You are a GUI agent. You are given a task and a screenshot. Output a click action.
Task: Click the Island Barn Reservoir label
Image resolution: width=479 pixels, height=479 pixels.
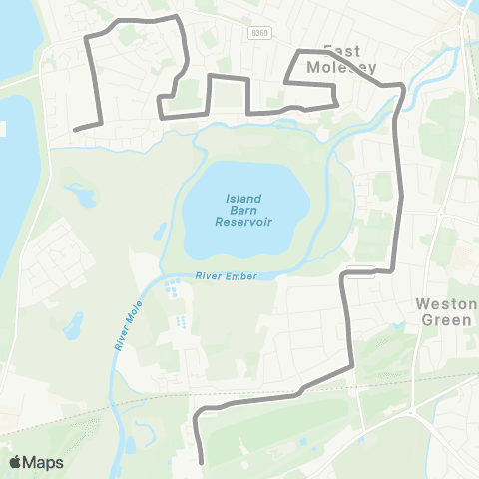tap(243, 210)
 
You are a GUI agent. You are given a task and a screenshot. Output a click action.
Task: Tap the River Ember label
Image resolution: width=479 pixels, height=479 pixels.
tap(220, 276)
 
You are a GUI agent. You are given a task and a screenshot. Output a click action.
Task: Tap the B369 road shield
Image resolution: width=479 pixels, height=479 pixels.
tap(260, 33)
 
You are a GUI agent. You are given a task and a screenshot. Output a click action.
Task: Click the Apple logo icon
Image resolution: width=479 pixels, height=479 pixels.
tap(16, 462)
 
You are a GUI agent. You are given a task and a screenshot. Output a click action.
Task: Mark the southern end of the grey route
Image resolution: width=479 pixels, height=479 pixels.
tap(202, 462)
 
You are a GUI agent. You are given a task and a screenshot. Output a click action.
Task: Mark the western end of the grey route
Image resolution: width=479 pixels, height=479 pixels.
tap(76, 129)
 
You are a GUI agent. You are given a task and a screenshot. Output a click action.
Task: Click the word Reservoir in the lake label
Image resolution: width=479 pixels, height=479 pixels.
tap(243, 222)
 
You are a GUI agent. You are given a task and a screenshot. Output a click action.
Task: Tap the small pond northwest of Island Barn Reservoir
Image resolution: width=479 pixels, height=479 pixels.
tap(160, 232)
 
